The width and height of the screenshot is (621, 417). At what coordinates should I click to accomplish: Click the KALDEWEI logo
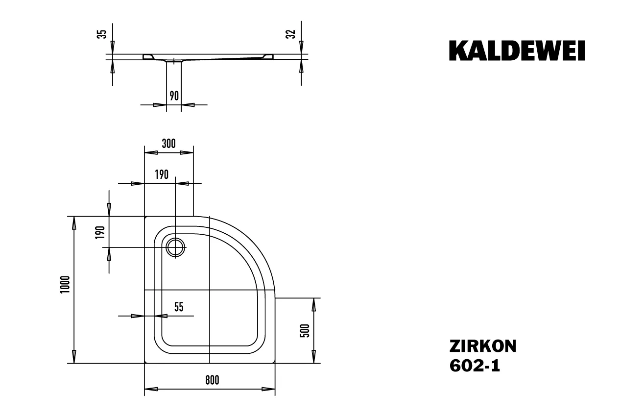coord(517,50)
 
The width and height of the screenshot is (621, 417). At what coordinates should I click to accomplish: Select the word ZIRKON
coord(482,346)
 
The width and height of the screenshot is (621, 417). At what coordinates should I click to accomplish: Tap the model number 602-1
coord(475,366)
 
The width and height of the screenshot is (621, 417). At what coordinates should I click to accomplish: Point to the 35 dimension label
coord(102,34)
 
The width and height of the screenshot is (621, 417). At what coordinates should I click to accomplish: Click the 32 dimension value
coord(291,34)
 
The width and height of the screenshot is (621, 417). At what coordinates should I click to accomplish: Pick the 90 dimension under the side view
coord(174,96)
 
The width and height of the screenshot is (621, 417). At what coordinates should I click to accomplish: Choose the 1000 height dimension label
coord(65,285)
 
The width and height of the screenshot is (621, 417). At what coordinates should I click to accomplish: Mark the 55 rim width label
coord(179,307)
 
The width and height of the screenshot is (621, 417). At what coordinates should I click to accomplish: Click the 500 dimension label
coord(304,331)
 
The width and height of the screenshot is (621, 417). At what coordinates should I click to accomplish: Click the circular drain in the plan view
coord(175,247)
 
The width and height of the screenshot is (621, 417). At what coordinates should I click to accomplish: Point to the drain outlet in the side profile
coord(174,61)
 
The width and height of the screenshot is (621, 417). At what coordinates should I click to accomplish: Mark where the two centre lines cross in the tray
coord(209,290)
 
